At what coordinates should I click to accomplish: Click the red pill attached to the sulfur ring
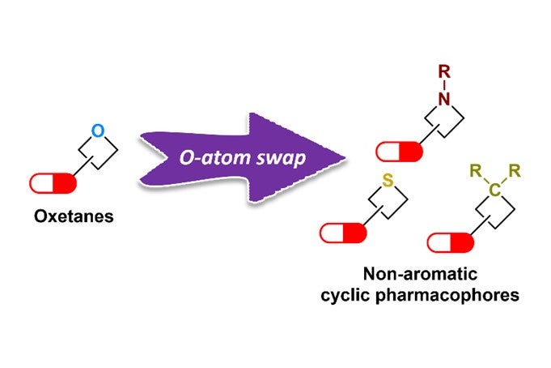[343, 233]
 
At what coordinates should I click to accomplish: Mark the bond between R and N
[443, 86]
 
